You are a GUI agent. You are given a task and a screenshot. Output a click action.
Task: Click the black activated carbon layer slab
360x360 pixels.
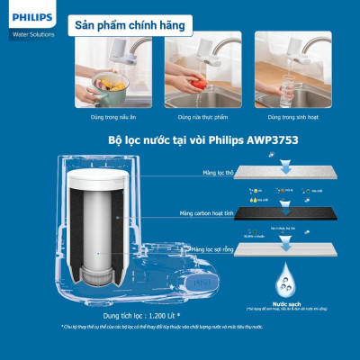(297, 216)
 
